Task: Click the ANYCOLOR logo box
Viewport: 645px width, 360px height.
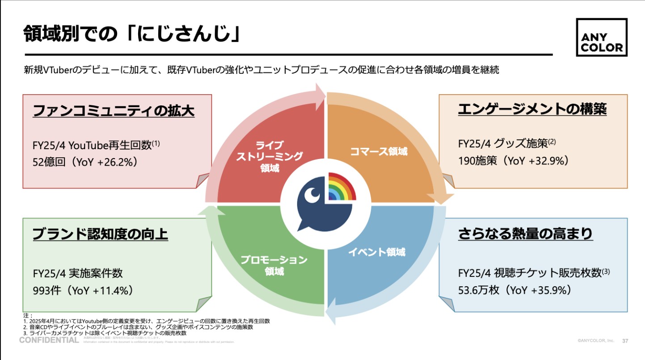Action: [601, 38]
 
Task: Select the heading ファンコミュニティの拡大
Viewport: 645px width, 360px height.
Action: [114, 110]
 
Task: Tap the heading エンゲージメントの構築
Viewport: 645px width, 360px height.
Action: [532, 109]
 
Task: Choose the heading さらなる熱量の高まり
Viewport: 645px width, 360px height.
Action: [525, 234]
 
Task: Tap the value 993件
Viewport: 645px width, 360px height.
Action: [47, 290]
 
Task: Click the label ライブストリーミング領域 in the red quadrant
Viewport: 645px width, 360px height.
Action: [270, 156]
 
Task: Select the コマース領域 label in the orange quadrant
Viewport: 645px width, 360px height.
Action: [379, 151]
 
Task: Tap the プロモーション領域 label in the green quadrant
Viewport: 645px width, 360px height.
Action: [274, 265]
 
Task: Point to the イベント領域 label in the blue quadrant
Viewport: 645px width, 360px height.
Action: [376, 252]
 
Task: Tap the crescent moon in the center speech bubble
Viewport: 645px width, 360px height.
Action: [312, 195]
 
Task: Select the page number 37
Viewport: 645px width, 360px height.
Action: [625, 341]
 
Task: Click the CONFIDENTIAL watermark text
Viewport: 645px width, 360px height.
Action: [49, 340]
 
